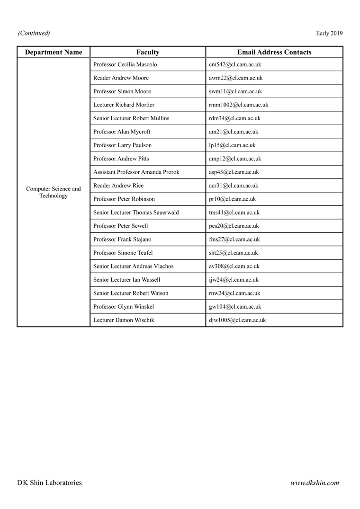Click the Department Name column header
click(54, 52)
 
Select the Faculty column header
click(148, 52)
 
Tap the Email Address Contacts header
click(274, 52)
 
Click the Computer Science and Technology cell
click(54, 192)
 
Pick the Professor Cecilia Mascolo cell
click(125, 64)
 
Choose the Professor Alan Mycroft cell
click(122, 132)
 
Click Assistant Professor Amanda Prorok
click(136, 172)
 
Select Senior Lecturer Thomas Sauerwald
click(136, 213)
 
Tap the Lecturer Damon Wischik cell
click(124, 320)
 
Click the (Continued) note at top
click(34, 33)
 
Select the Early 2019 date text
click(329, 33)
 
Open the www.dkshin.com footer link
click(315, 483)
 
